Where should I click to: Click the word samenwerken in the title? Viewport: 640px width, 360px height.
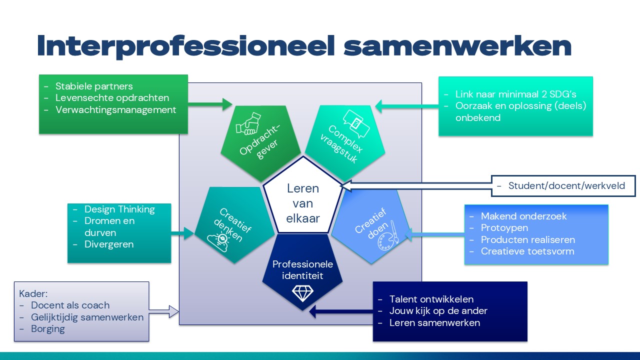[457, 45]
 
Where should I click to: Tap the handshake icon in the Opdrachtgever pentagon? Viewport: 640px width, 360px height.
[248, 123]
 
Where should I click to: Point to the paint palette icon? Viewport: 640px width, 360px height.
[388, 236]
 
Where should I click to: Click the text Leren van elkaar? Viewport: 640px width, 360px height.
[303, 203]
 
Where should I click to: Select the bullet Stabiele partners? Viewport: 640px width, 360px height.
[94, 86]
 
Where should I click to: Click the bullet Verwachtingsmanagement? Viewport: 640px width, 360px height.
[115, 109]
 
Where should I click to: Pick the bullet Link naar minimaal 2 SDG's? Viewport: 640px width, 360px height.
[515, 94]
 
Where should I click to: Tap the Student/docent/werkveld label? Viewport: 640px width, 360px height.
[566, 185]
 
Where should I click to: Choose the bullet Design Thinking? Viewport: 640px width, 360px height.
[119, 209]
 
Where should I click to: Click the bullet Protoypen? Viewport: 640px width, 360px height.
[504, 227]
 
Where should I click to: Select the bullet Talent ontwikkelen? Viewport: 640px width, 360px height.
[431, 299]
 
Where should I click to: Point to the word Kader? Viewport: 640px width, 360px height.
[33, 293]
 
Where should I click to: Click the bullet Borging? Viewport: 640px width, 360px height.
[47, 329]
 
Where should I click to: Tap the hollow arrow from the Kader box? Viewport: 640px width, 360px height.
[163, 311]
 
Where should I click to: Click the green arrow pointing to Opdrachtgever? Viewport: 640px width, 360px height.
[210, 104]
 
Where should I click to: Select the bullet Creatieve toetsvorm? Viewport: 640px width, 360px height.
[527, 251]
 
